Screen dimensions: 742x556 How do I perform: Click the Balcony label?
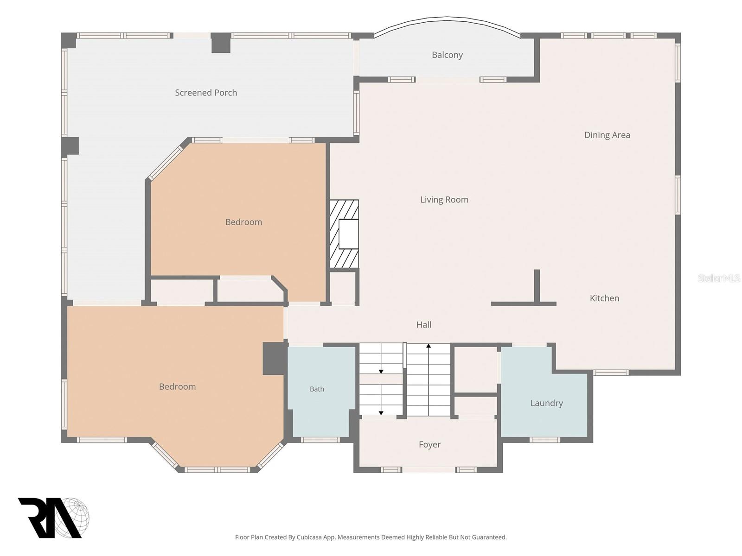pos(447,55)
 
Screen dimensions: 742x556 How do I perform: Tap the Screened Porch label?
pos(206,93)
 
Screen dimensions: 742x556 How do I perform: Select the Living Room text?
pos(444,200)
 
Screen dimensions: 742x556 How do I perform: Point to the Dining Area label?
pos(607,135)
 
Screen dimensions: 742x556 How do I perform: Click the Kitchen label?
pos(604,298)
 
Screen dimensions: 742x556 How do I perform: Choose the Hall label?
pos(424,325)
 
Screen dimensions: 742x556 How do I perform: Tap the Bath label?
pos(317,389)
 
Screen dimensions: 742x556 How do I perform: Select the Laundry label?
pos(547,404)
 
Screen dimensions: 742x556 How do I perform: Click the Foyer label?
pos(429,445)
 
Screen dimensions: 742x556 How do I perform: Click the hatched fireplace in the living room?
pos(344,234)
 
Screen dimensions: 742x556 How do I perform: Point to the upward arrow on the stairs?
pos(429,380)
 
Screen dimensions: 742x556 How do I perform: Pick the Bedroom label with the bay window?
pos(178,386)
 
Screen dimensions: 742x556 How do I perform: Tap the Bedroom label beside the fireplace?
pos(244,222)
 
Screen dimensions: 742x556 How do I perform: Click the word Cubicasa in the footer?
pos(309,537)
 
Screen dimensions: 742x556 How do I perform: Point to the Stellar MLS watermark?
pos(719,278)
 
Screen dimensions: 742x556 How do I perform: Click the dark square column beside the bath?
pos(275,359)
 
